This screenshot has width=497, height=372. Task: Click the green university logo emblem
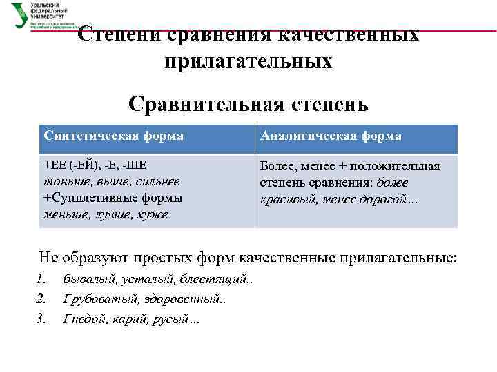[20, 15]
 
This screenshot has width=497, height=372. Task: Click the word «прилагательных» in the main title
[248, 61]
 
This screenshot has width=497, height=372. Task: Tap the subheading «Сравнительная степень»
[248, 105]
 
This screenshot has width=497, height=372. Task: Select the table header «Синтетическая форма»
[113, 136]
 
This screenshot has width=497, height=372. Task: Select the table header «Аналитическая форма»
[331, 136]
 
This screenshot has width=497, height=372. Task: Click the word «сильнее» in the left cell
[156, 182]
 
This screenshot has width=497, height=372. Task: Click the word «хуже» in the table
[153, 214]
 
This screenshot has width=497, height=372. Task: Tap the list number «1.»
[41, 280]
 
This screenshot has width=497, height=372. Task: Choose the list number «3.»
[41, 318]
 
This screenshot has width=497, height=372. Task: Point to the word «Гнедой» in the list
[84, 318]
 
